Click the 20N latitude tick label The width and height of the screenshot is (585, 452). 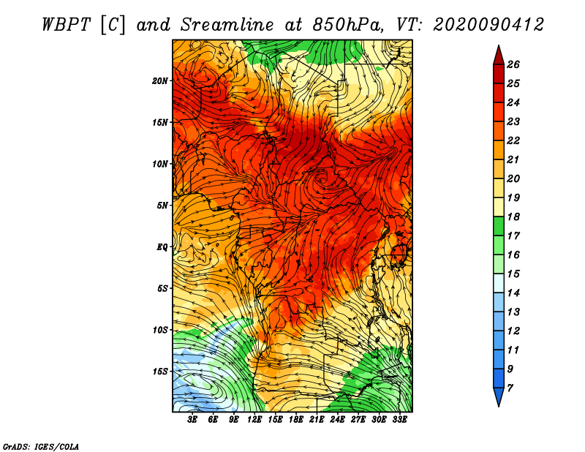tap(160, 80)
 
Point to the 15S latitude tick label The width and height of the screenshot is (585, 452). tap(160, 371)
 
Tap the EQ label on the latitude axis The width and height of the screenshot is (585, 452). tap(162, 246)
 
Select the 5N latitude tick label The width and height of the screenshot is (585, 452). tap(162, 205)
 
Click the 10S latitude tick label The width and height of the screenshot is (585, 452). tap(160, 330)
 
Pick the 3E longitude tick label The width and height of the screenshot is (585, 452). tap(193, 419)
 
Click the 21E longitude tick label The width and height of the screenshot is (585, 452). tap(317, 419)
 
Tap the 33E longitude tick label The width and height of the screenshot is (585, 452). tap(399, 419)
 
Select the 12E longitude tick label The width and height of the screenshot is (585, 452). tap(254, 419)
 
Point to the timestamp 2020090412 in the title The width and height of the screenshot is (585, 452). tap(488, 24)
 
